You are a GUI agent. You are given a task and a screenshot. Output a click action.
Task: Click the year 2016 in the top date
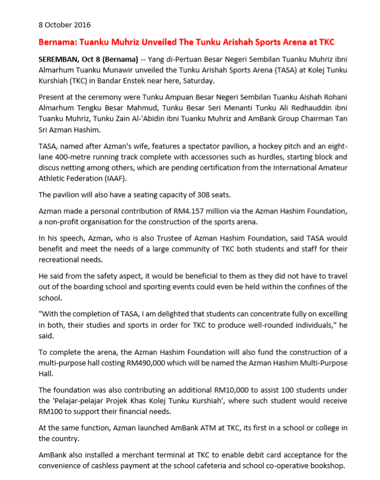(82, 25)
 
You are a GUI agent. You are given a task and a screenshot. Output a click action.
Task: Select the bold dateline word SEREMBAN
(59, 59)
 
